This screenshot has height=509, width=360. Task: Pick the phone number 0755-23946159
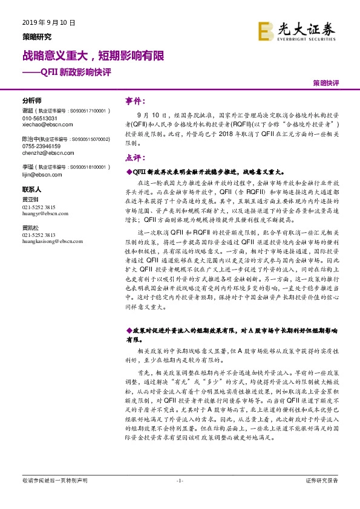click(x=42, y=146)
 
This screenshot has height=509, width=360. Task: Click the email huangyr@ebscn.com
click(x=44, y=212)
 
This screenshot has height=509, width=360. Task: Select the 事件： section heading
click(x=136, y=100)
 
